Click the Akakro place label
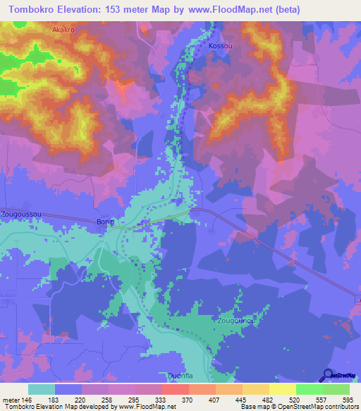tap(63, 30)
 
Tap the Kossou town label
tap(221, 46)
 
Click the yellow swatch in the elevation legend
tap(282, 389)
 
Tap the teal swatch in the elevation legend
tap(42, 389)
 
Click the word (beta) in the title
tap(287, 10)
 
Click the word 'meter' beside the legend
tap(9, 399)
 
